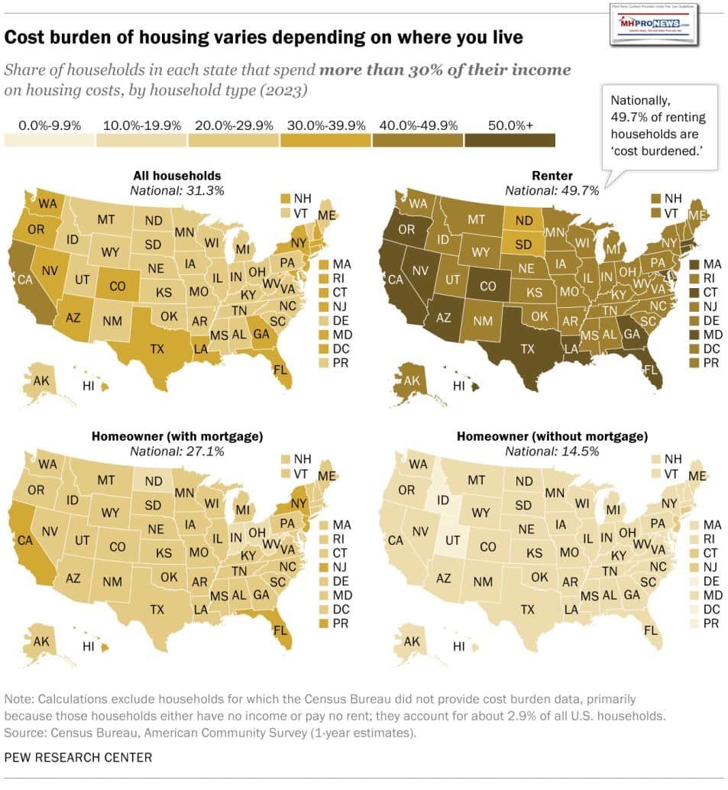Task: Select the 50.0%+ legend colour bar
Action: (509, 140)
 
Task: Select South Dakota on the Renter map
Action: (523, 245)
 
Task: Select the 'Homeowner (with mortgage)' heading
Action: (177, 436)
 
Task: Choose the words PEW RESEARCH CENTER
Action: (78, 757)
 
